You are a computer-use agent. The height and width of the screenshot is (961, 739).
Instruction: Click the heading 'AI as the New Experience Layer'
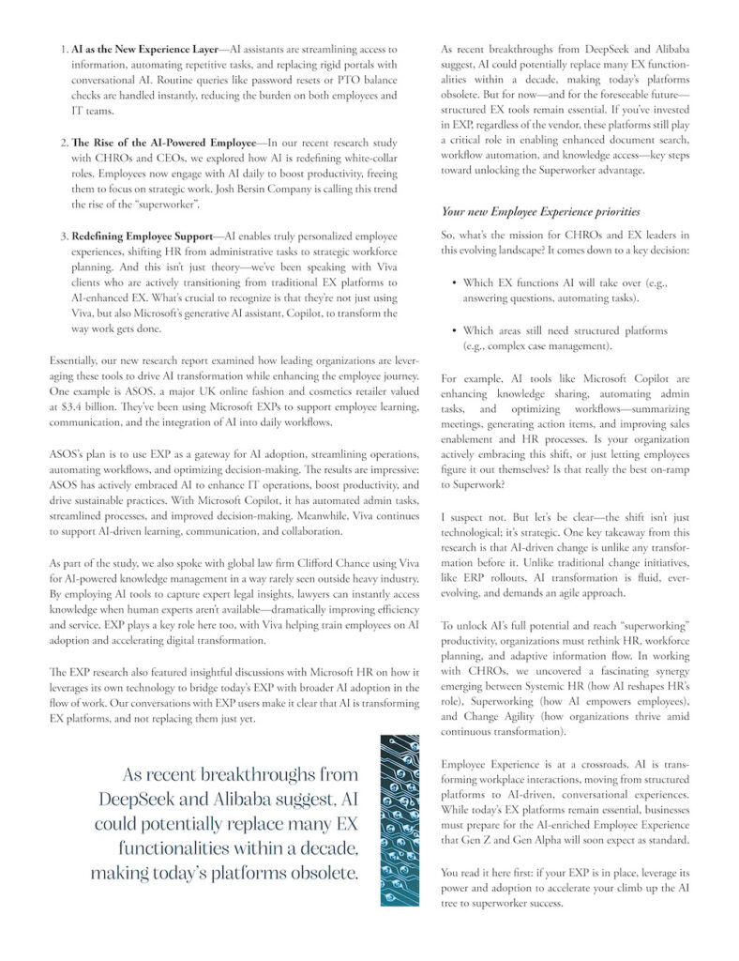pyautogui.click(x=134, y=48)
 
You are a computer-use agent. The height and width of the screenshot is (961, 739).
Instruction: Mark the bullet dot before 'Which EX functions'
pyautogui.click(x=454, y=282)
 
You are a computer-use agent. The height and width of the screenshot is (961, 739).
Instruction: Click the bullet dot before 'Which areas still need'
pyautogui.click(x=454, y=331)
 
